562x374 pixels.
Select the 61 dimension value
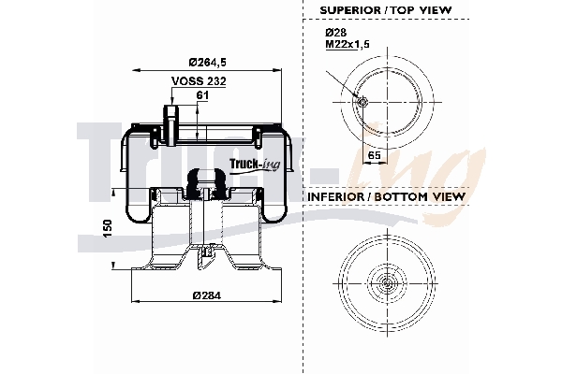(201, 94)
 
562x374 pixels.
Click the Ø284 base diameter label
(206, 296)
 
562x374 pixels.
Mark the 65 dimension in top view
(373, 155)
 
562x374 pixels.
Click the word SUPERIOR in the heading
(348, 9)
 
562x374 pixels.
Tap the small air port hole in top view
(362, 102)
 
